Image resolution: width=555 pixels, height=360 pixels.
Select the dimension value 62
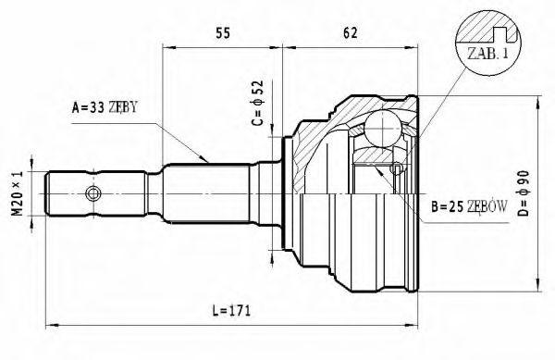point(350,34)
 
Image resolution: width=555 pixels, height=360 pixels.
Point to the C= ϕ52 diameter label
point(260,105)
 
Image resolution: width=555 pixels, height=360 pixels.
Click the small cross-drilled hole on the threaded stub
point(92,193)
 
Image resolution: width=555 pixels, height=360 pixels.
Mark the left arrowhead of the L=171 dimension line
point(51,324)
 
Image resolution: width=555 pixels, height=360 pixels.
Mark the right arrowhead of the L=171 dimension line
point(413,324)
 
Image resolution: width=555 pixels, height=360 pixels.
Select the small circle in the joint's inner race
point(396,168)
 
